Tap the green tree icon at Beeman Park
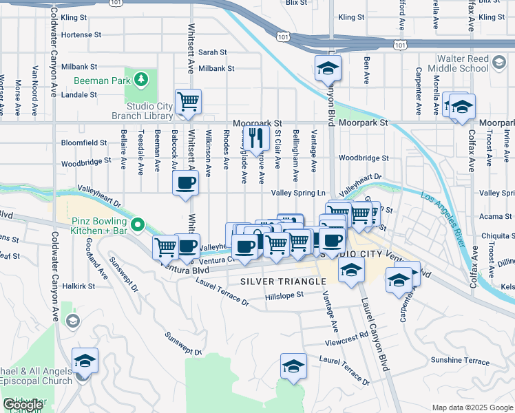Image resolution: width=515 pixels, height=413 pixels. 142,80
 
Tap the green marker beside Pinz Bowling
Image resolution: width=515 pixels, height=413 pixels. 138,224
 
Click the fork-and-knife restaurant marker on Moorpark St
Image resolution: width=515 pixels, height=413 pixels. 257,138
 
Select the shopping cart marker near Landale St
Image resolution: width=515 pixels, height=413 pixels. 188,103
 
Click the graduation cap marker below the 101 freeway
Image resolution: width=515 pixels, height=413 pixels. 328,69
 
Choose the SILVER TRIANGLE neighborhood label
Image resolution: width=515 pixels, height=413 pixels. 283,282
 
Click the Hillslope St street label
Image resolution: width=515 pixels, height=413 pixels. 284,295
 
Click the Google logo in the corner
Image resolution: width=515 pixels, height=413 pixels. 23,404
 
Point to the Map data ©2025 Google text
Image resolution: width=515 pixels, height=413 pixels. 472,407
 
